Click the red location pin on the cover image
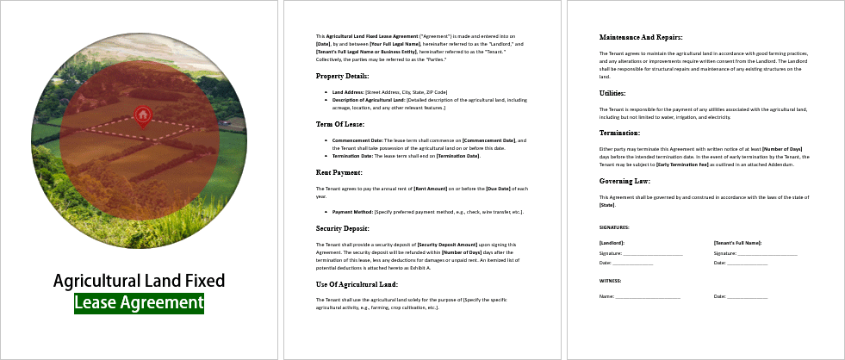click(x=142, y=115)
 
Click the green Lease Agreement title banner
click(x=139, y=302)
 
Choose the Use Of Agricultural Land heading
click(x=357, y=283)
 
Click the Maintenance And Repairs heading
click(x=640, y=37)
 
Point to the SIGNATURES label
click(x=614, y=227)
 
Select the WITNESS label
click(x=611, y=280)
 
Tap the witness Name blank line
click(x=648, y=297)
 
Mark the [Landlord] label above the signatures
click(x=612, y=244)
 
